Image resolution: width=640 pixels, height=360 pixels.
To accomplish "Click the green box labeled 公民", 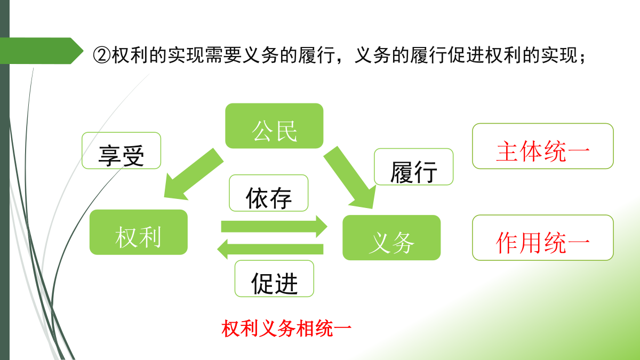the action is point(274,126).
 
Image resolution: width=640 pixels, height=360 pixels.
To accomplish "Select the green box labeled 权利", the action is point(139,232).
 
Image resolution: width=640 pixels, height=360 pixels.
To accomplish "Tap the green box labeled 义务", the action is point(391,237).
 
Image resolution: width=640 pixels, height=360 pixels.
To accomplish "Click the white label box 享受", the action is point(122,150).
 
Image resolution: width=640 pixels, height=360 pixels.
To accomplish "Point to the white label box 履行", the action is point(414,166).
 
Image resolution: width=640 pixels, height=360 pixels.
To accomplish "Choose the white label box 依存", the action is point(269,193).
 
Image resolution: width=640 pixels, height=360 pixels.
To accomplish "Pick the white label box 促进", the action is point(274,278).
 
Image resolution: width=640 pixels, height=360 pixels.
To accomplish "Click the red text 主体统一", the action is point(543,151).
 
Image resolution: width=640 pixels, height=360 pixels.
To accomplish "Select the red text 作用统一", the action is point(543,243).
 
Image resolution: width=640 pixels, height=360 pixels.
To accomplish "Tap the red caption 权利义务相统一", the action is point(286,329).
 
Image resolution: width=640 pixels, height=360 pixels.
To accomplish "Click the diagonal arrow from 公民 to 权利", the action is point(193,174).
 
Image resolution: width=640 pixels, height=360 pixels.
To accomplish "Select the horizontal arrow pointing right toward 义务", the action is point(274,226).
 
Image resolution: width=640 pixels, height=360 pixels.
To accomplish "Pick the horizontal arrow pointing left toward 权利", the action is point(270,249).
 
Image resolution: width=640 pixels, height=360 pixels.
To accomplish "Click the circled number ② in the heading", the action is point(102,55).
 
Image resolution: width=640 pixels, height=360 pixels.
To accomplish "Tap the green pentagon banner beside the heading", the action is point(42,51).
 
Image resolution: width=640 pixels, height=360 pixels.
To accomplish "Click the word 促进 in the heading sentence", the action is point(466,55).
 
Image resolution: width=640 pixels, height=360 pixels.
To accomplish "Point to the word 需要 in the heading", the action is point(223,55).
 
